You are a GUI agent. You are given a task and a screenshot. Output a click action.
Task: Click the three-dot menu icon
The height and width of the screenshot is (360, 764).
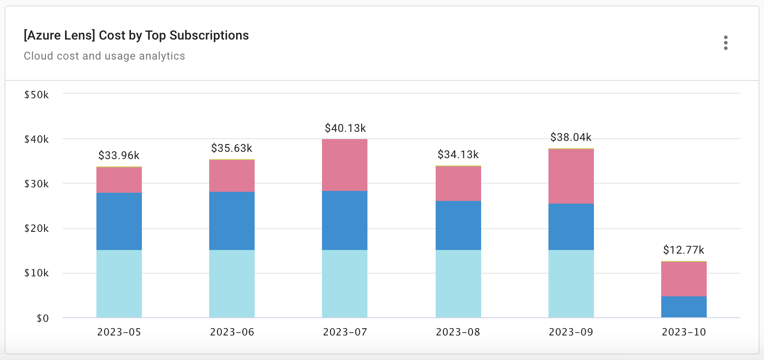pyautogui.click(x=725, y=43)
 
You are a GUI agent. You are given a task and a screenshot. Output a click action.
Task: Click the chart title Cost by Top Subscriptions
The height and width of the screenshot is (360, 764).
pyautogui.click(x=136, y=35)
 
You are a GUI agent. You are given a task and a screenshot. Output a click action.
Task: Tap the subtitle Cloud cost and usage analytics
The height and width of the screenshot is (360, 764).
pyautogui.click(x=104, y=56)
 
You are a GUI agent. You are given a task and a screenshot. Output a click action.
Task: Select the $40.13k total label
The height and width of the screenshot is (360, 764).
pyautogui.click(x=345, y=128)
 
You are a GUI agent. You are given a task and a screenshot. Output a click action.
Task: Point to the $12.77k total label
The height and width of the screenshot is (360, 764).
pyautogui.click(x=684, y=250)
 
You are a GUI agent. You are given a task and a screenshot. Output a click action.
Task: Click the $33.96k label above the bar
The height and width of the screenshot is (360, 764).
pyautogui.click(x=119, y=155)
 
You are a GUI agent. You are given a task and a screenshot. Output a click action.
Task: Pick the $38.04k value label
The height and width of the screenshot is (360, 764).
pyautogui.click(x=571, y=137)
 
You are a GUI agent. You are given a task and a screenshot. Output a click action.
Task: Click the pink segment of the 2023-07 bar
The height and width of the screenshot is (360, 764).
pyautogui.click(x=345, y=165)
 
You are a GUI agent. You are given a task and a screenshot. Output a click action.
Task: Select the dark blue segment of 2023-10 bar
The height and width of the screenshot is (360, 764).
pyautogui.click(x=684, y=307)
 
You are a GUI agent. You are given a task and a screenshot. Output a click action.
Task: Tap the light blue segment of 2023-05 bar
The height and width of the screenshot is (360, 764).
pyautogui.click(x=119, y=284)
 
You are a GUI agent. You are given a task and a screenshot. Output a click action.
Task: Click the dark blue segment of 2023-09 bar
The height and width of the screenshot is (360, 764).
pyautogui.click(x=571, y=227)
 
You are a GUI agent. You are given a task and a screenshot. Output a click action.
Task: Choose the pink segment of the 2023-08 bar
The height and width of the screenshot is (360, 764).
pyautogui.click(x=458, y=184)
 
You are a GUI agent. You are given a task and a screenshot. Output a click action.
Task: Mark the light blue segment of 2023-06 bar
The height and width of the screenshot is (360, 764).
pyautogui.click(x=232, y=284)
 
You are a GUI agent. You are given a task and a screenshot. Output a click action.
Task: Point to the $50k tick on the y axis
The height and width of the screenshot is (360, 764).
pyautogui.click(x=36, y=95)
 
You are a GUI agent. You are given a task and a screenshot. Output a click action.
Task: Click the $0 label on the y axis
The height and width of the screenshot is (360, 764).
pyautogui.click(x=42, y=318)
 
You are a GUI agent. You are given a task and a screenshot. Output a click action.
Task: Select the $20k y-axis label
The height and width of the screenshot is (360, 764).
pyautogui.click(x=36, y=229)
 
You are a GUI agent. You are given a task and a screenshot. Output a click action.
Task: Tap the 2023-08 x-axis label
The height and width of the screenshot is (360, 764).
pyautogui.click(x=458, y=332)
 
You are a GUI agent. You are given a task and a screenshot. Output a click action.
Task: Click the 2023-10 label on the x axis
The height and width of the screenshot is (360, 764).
pyautogui.click(x=684, y=332)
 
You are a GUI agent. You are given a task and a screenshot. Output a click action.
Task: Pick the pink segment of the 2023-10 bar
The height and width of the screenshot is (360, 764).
pyautogui.click(x=684, y=279)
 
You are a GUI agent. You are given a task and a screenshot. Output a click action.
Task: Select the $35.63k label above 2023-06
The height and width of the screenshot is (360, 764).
pyautogui.click(x=231, y=148)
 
